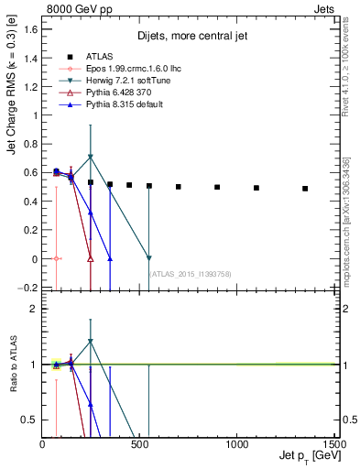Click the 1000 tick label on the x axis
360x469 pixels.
tap(237, 444)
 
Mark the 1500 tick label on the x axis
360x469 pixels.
tap(333, 444)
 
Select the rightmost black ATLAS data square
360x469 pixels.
tap(305, 189)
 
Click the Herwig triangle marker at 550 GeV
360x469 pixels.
tap(149, 258)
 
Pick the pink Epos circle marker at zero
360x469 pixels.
tap(57, 258)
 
